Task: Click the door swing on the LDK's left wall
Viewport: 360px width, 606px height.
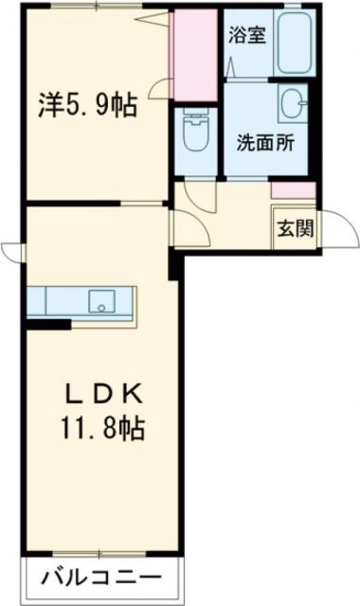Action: click(x=12, y=251)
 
